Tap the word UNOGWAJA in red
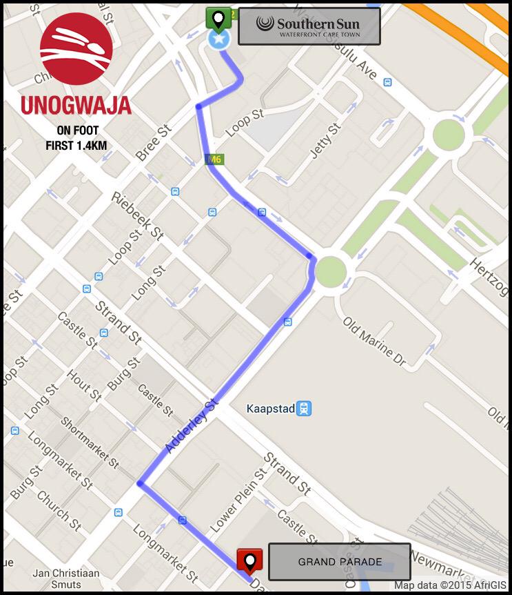tap(76, 105)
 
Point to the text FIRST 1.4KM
tap(76, 146)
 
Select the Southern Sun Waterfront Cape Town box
tap(309, 26)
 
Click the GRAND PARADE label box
tap(339, 562)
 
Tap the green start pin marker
tap(219, 19)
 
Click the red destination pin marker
tap(249, 560)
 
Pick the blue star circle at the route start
tap(219, 39)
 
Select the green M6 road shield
tap(214, 159)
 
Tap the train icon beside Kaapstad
tap(305, 409)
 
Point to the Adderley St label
tap(192, 425)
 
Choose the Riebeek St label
tap(137, 216)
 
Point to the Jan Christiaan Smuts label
tap(66, 579)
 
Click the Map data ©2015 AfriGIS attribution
tap(450, 586)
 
